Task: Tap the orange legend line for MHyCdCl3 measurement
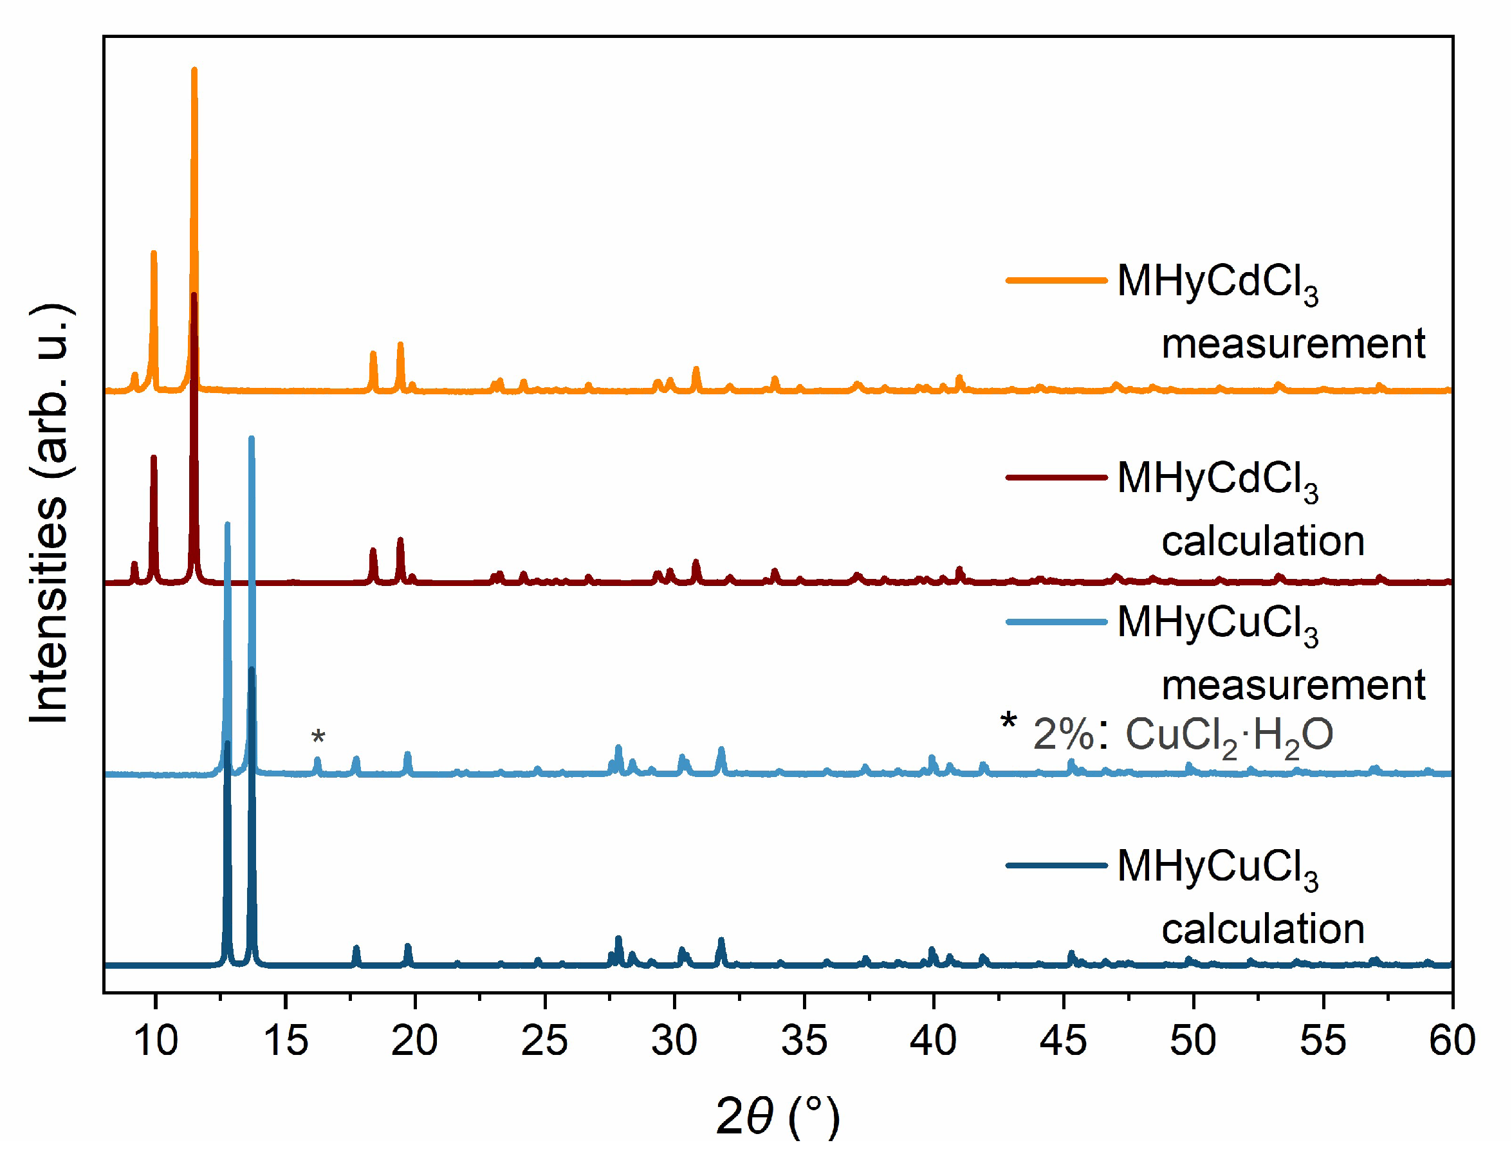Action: [x=1056, y=280]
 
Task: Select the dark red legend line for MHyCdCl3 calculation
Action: [x=1056, y=477]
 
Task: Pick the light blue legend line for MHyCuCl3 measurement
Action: [x=1056, y=621]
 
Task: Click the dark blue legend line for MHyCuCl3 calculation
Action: [x=1056, y=865]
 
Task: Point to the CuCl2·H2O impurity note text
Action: [x=1181, y=735]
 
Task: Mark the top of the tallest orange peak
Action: [x=194, y=70]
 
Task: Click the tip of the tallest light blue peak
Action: [x=252, y=439]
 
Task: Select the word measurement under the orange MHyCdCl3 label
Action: [x=1293, y=343]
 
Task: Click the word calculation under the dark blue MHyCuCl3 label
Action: [x=1263, y=928]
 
